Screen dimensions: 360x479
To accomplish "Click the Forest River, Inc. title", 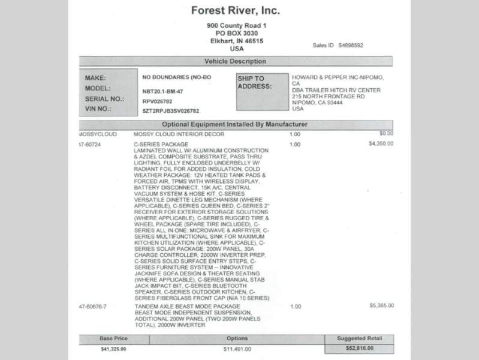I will click(236, 10).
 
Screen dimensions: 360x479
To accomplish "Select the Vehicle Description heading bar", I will click(236, 61).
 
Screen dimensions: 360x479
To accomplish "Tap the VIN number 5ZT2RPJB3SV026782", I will click(170, 111).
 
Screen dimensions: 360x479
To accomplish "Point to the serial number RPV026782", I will click(157, 101).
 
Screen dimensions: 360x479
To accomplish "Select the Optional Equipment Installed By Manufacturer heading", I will click(236, 124).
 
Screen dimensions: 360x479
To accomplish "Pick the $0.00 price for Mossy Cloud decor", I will click(386, 133).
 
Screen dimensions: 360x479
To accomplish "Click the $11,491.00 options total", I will click(237, 349).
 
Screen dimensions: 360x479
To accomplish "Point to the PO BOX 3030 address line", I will click(236, 33).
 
